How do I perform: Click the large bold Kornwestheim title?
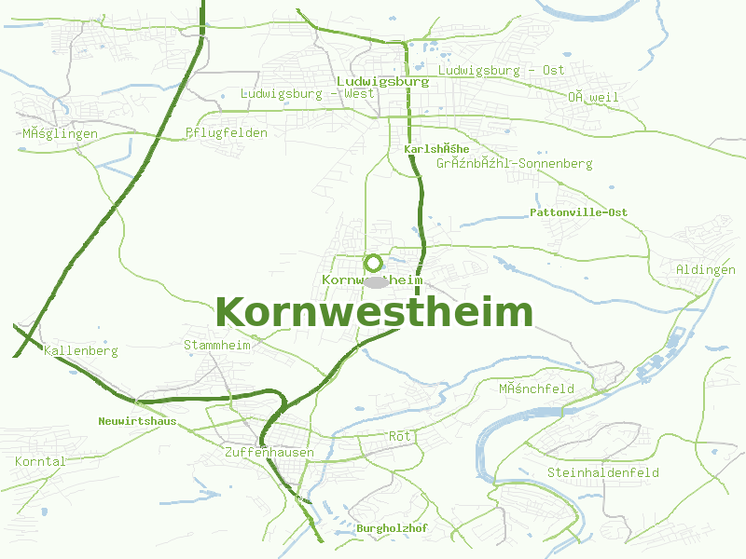(375, 312)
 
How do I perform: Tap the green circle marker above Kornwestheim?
(373, 263)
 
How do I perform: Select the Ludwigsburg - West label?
(308, 93)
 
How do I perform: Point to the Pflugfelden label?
(227, 132)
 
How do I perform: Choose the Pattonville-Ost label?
(578, 212)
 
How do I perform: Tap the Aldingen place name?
(706, 269)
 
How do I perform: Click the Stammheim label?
(218, 345)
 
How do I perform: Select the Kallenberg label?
(81, 351)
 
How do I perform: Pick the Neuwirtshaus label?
(137, 421)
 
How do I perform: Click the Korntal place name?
(40, 461)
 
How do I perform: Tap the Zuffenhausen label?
(269, 452)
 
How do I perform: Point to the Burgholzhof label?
(392, 528)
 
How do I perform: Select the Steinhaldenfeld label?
(603, 472)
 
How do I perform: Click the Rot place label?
(399, 436)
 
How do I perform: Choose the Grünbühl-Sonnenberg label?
(514, 164)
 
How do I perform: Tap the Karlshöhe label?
(436, 149)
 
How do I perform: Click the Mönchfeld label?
(536, 389)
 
